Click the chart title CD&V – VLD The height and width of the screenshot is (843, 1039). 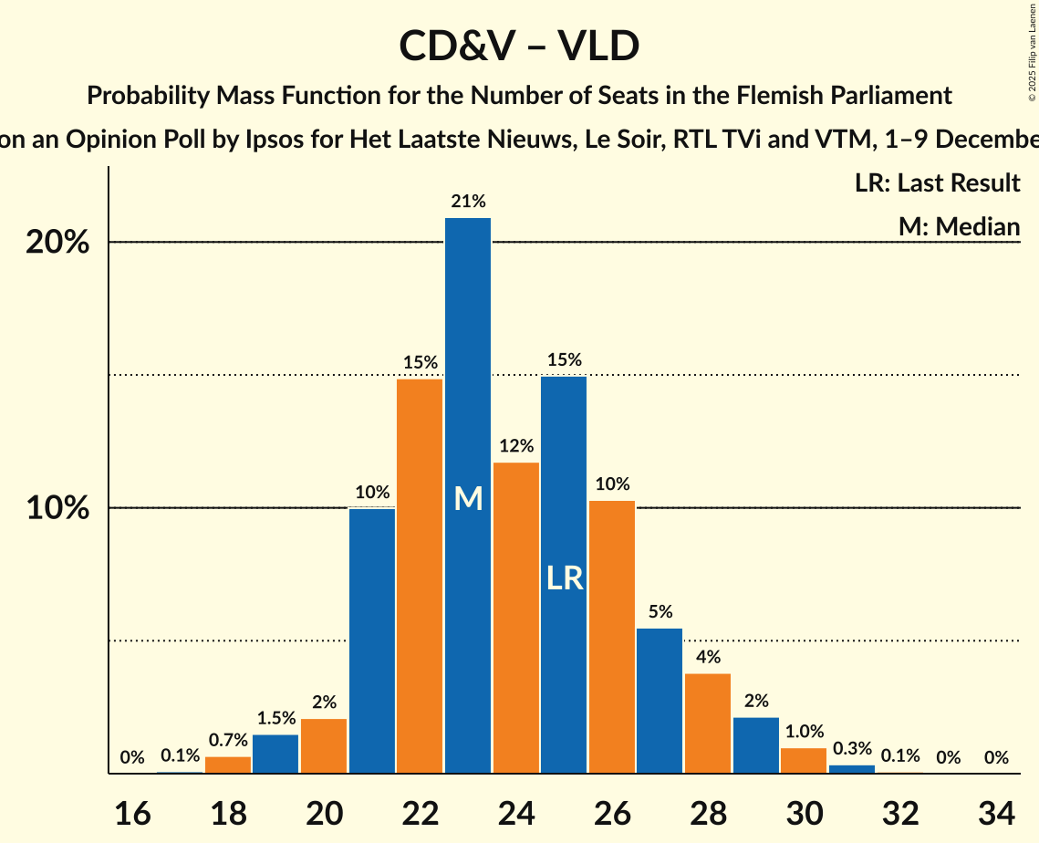coord(519,46)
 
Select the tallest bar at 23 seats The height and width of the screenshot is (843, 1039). coord(468,365)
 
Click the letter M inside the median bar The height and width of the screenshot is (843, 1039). coord(468,498)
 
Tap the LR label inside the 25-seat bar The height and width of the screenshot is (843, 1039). coord(565,578)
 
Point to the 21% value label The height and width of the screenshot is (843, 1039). coord(468,202)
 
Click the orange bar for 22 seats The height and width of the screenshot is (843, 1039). coord(420,575)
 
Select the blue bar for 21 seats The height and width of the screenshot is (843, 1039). coord(372,639)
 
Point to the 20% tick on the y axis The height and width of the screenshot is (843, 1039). coord(57,243)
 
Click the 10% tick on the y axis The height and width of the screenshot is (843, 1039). coord(57,508)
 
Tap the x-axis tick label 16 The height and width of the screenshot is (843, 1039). coord(132,812)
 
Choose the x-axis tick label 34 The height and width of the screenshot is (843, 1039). coord(996,812)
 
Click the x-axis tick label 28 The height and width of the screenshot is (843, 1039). coord(708,812)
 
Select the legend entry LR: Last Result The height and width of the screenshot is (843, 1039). coord(937,183)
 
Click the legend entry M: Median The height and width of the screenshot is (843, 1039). coord(959,226)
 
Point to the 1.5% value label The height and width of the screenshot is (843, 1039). coord(275,718)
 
